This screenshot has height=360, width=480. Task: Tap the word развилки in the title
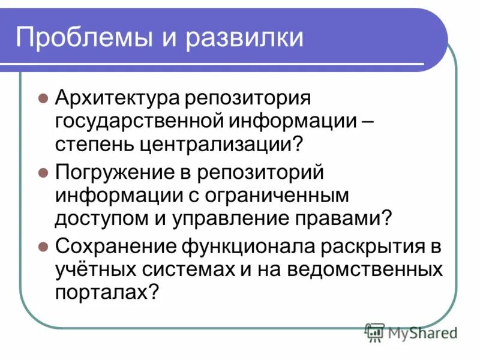click(251, 38)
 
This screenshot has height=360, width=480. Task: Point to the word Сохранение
click(112, 247)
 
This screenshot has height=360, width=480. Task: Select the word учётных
click(89, 269)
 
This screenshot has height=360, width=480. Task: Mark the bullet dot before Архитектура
click(43, 98)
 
